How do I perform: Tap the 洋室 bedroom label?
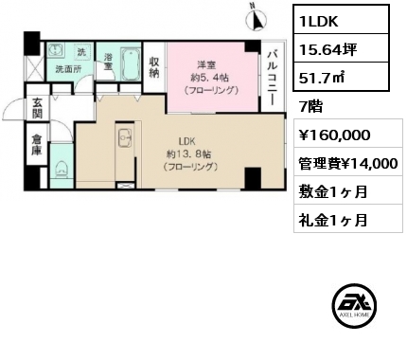pos(206,65)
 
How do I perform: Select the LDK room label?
pos(187,141)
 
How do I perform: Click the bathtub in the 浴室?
pos(131,64)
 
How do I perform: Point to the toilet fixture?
pos(61,168)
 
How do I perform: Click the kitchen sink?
pos(126,138)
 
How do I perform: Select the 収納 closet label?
pos(154,67)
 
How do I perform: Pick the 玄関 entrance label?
pos(37,108)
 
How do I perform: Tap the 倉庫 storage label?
pos(36,145)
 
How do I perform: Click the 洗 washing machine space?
pos(81,52)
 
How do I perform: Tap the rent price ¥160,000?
pos(335,135)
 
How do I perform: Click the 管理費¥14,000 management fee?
pos(348,164)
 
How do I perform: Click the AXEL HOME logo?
pos(354,305)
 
